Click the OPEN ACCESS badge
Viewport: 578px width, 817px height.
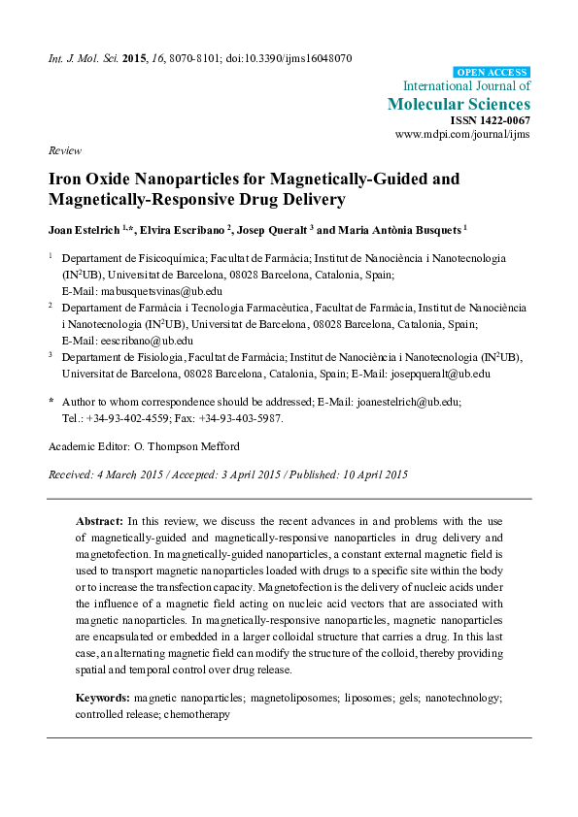point(492,72)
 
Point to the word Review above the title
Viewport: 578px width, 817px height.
point(62,151)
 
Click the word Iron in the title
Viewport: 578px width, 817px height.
point(66,180)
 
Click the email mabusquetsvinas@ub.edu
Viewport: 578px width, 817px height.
point(155,290)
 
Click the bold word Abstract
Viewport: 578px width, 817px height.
point(99,520)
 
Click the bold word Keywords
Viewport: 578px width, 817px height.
point(102,698)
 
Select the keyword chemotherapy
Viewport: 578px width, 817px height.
point(196,714)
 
